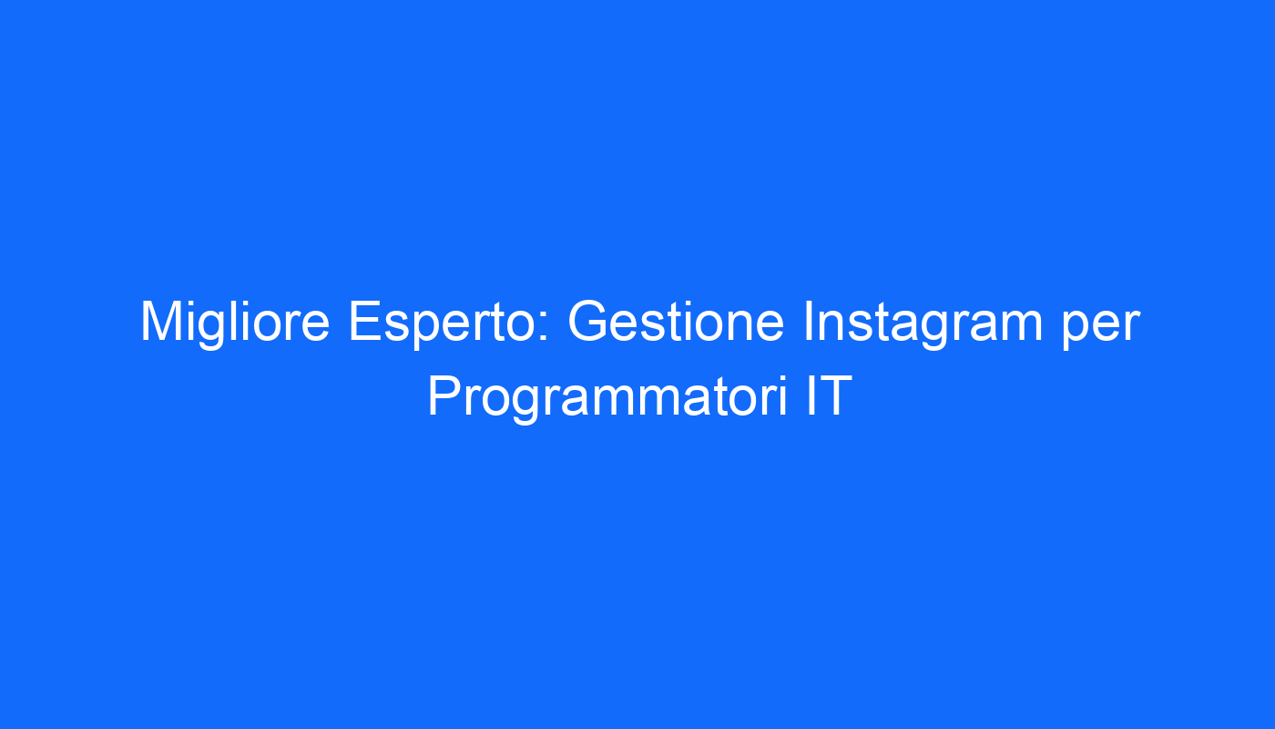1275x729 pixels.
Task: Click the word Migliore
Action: (235, 323)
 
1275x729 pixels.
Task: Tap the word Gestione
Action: (676, 323)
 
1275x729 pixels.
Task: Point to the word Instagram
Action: (923, 323)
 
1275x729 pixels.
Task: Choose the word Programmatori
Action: (608, 397)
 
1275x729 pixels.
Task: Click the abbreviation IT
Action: (829, 395)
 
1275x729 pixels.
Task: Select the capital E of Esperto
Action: (365, 321)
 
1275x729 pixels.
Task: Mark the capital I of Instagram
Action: (809, 321)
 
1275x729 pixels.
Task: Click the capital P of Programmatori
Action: (446, 395)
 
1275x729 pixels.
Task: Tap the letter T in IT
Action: (836, 395)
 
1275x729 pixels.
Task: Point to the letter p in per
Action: (1076, 330)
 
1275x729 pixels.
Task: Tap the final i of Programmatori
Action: (784, 395)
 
